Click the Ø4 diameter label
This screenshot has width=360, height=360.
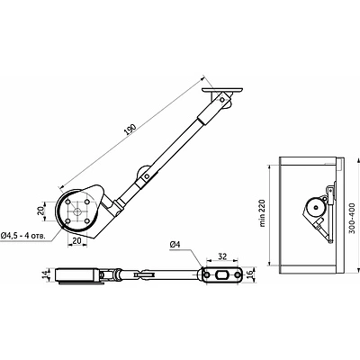[x=176, y=244]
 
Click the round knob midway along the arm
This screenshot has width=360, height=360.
[x=145, y=178]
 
